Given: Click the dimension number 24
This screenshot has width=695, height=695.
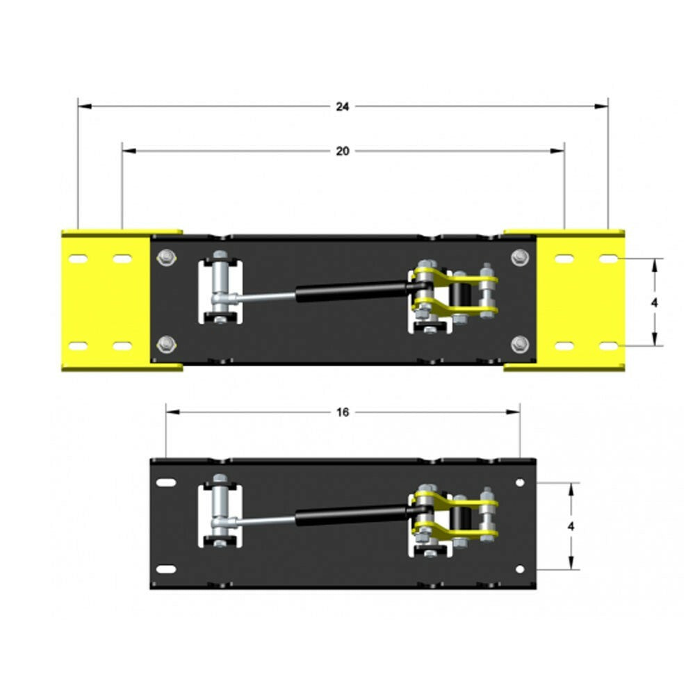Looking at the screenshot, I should pos(342,107).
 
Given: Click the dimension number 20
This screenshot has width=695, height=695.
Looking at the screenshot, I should pos(342,151).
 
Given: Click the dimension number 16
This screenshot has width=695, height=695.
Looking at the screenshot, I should pos(342,412).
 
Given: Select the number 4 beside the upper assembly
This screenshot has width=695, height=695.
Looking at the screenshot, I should pos(655,303).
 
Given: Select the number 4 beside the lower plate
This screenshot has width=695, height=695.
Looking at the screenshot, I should pos(571,526).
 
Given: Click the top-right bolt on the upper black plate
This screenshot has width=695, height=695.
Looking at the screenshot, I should pos(519,257).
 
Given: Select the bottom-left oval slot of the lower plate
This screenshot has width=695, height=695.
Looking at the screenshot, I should pos(165,569).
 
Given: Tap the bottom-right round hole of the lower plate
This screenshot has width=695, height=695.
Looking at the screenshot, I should pos(519,569).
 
